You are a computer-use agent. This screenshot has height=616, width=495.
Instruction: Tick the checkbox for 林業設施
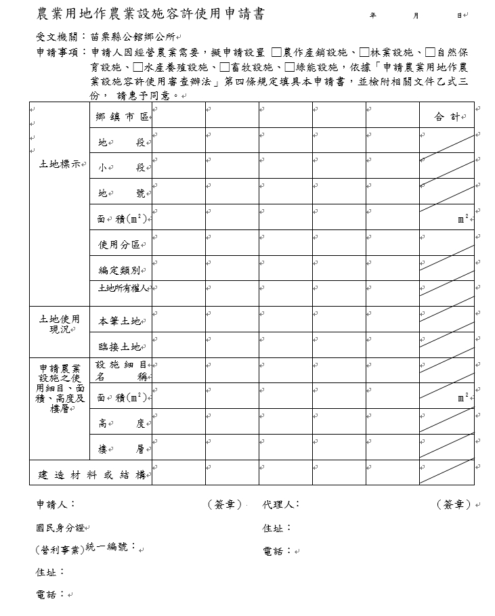click(365, 52)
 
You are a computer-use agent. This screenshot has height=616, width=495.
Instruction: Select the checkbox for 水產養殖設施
click(138, 67)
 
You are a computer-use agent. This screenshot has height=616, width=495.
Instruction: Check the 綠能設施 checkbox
click(290, 67)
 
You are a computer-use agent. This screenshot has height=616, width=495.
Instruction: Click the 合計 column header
click(446, 117)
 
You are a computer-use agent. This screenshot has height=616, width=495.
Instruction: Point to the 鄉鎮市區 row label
click(122, 117)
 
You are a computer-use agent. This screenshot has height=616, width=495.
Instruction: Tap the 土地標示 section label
click(60, 164)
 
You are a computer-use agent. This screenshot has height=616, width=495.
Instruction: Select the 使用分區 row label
click(119, 244)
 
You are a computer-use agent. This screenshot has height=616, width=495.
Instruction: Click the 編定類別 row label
click(119, 270)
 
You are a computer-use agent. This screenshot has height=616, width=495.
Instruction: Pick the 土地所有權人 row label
click(122, 288)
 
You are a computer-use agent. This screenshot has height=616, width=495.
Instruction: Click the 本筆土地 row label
click(120, 321)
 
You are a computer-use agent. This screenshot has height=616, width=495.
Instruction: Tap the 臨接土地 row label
click(120, 347)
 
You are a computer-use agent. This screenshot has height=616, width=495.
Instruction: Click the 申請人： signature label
click(56, 504)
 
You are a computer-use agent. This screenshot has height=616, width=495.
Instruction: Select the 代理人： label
click(281, 504)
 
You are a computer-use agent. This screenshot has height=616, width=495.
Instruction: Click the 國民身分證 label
click(60, 527)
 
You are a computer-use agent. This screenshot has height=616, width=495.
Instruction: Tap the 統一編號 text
click(112, 546)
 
